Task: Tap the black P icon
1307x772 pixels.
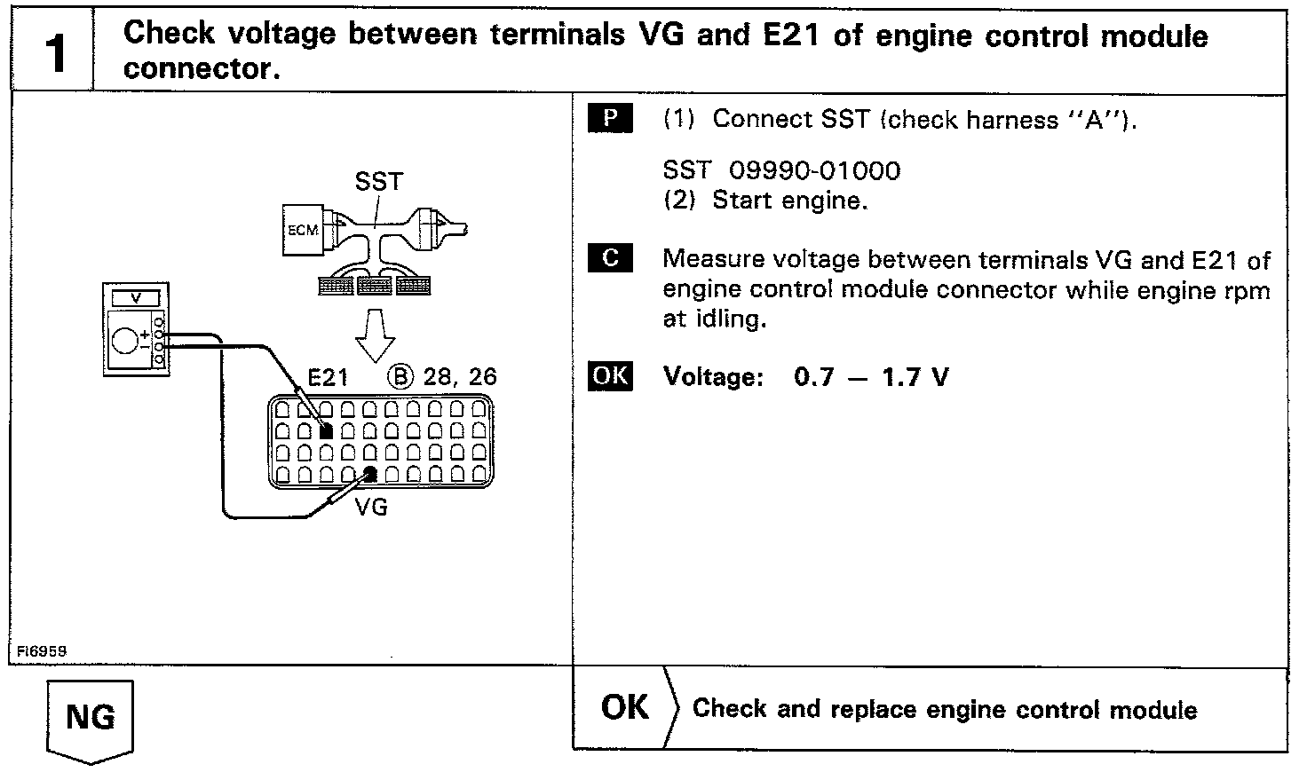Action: (x=610, y=118)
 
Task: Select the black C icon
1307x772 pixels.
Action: (x=610, y=258)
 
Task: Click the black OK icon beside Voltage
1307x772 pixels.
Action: (x=610, y=376)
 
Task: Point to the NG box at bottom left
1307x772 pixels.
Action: (x=90, y=717)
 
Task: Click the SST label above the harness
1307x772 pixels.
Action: (x=378, y=182)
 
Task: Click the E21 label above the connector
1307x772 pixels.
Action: (x=327, y=377)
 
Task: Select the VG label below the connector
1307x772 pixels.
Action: (x=371, y=508)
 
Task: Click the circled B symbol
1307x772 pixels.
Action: (x=400, y=376)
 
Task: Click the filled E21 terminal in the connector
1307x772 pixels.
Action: (x=326, y=431)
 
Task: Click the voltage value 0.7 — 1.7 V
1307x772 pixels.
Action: (x=871, y=377)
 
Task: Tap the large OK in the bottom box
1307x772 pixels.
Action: (x=625, y=707)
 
